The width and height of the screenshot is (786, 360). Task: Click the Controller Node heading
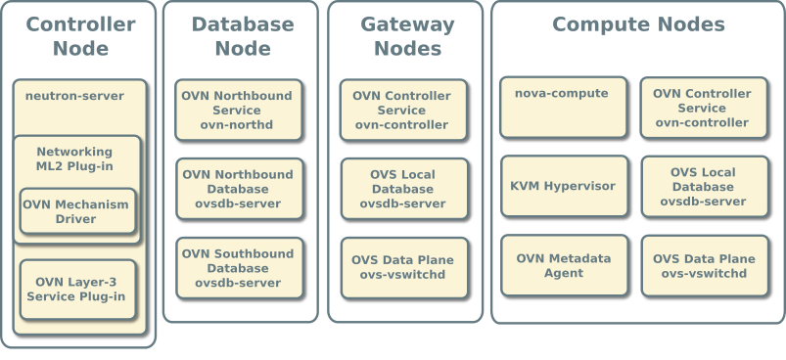tap(80, 36)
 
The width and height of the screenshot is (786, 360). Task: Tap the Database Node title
tap(242, 36)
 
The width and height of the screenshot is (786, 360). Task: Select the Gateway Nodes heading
tap(407, 36)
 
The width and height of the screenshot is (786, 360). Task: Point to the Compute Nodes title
tap(638, 24)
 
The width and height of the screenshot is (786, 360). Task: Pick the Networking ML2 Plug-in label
tap(74, 158)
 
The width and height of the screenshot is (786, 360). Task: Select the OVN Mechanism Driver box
tap(76, 211)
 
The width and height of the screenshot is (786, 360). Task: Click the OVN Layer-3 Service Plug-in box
tap(76, 289)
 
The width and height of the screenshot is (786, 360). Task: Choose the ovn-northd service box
tap(238, 110)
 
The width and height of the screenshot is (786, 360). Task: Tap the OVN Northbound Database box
tap(238, 189)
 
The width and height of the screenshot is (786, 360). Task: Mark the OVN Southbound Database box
tap(238, 267)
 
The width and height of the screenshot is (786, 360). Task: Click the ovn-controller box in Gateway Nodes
tap(403, 110)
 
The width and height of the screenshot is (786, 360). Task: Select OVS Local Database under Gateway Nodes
tap(403, 189)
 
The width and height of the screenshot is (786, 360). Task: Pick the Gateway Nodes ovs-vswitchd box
tap(403, 267)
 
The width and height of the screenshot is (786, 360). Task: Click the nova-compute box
tap(563, 107)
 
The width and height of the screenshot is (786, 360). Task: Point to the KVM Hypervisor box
tap(563, 186)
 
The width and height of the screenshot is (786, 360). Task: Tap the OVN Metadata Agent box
tap(563, 265)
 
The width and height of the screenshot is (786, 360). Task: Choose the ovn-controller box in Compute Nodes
tap(703, 108)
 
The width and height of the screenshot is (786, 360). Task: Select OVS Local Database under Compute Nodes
tap(703, 187)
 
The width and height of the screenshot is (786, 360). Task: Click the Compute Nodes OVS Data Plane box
tap(703, 266)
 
